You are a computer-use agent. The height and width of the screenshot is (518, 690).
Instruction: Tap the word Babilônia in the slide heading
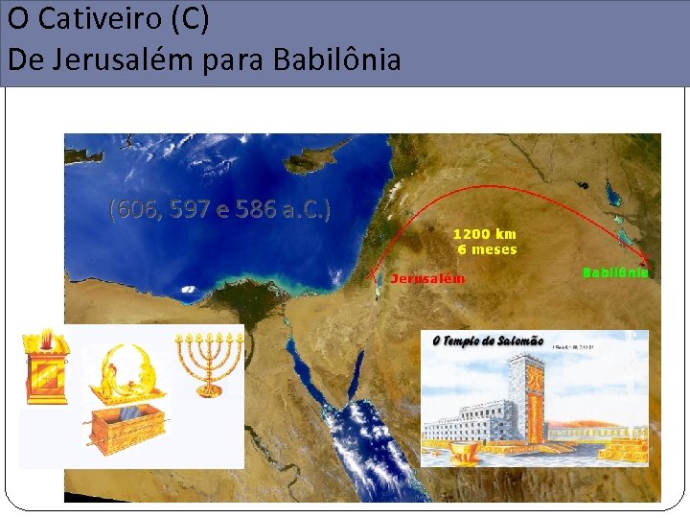pos(336,60)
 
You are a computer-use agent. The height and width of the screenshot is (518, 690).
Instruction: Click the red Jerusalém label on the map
pos(427,278)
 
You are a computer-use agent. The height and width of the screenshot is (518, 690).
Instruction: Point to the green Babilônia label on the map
pos(617,272)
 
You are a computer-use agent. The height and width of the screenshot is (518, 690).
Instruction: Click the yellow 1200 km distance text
pos(484,233)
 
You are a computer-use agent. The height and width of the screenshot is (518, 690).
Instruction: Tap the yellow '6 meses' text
pos(487,249)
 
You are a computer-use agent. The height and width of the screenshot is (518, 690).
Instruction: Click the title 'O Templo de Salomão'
pos(488,341)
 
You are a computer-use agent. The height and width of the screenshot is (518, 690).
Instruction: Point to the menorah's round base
pos(209,390)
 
